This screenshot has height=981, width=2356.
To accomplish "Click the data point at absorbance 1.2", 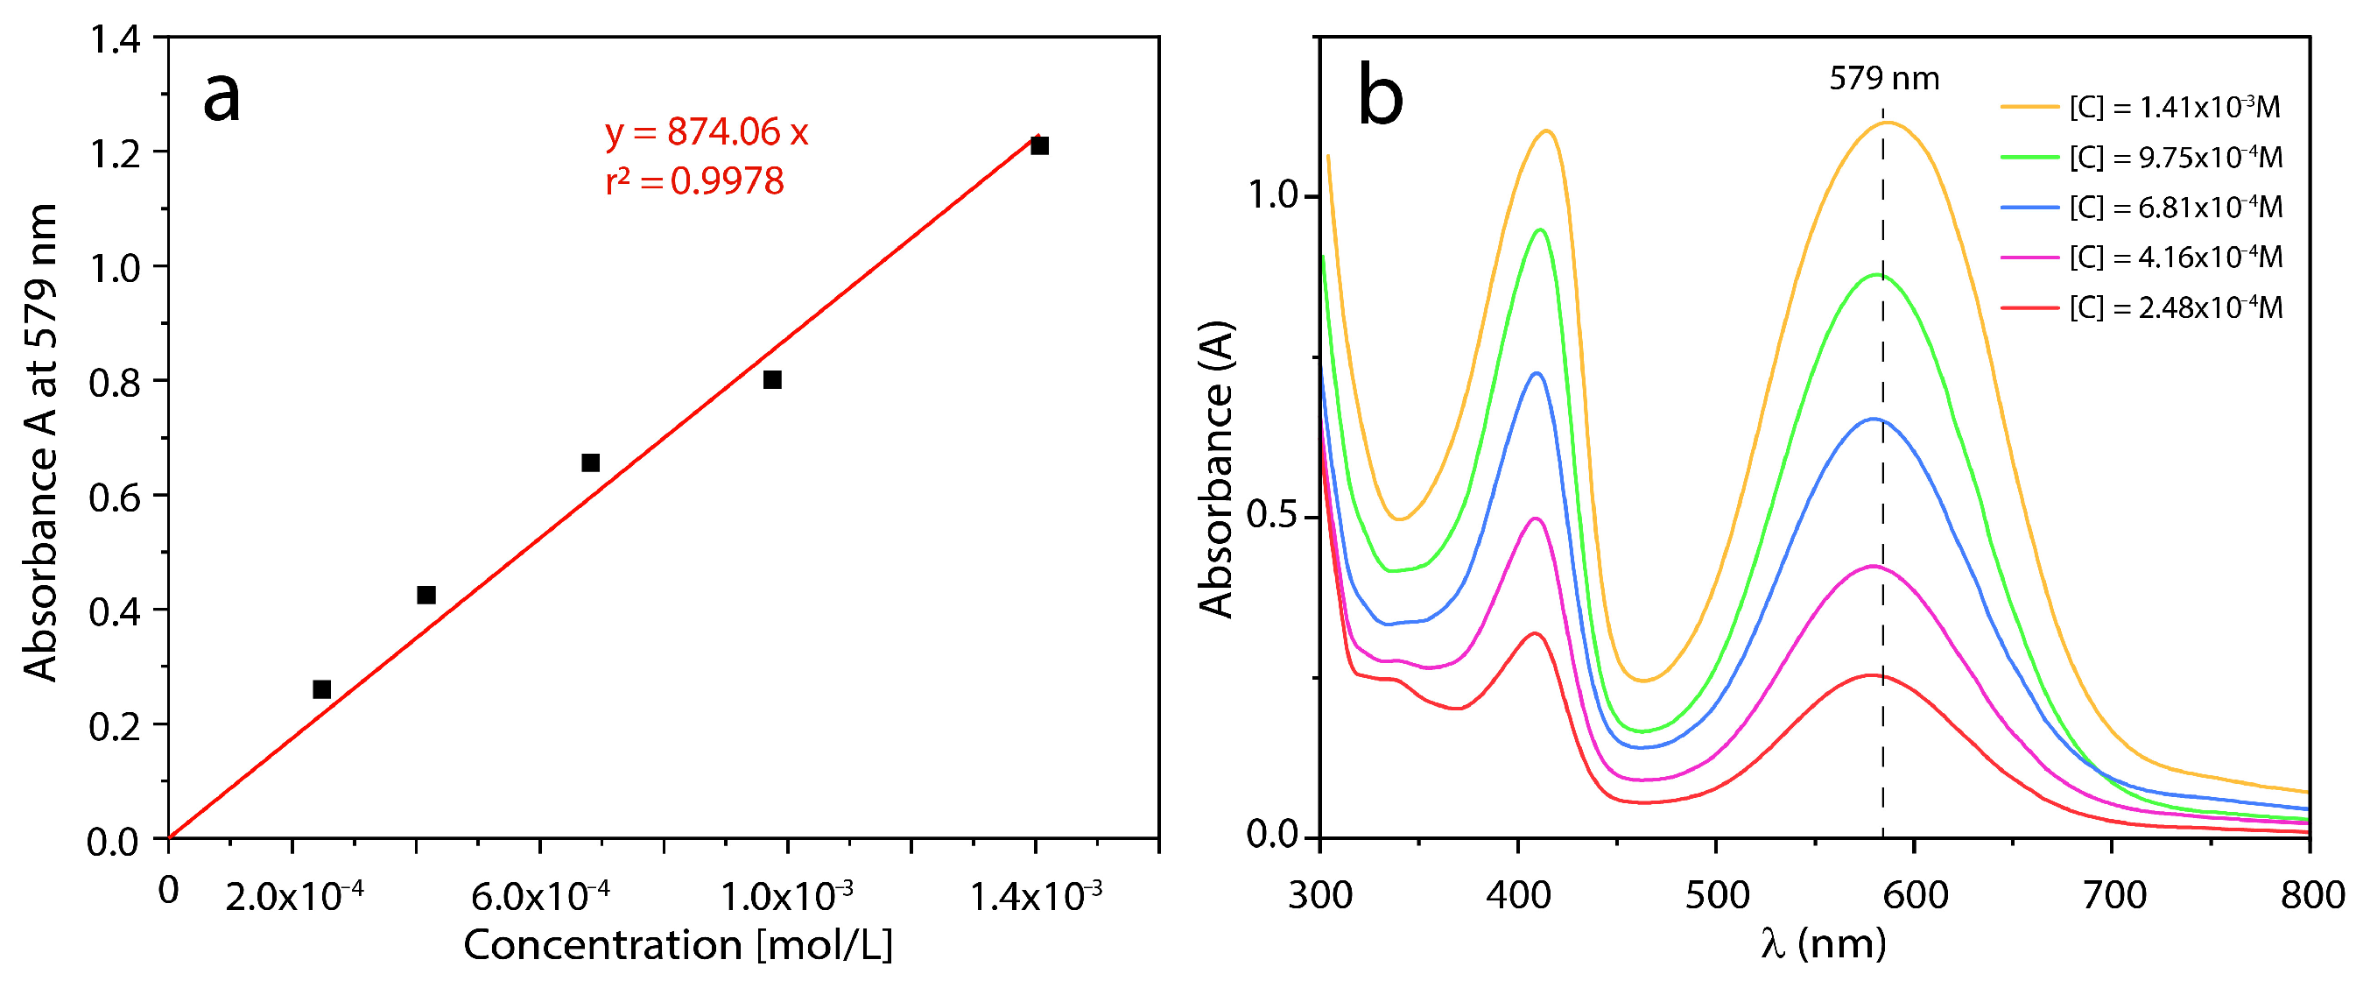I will [1039, 145].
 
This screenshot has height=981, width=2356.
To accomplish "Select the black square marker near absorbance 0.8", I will [772, 380].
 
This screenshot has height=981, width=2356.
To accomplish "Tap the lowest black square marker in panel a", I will [321, 689].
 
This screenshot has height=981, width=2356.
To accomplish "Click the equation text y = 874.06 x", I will [706, 132].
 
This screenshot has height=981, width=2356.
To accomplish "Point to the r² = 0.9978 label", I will [694, 181].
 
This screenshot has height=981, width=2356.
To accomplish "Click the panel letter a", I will [222, 97].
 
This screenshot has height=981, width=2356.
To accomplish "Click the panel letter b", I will [1379, 95].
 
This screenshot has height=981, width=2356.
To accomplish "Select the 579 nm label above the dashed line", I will [1883, 79].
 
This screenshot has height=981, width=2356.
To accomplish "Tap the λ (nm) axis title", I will [1823, 943].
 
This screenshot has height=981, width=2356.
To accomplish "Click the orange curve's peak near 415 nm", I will [1546, 131].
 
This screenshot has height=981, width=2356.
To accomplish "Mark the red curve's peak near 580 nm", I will [1871, 675].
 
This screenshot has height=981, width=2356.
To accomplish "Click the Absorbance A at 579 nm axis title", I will [42, 442].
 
